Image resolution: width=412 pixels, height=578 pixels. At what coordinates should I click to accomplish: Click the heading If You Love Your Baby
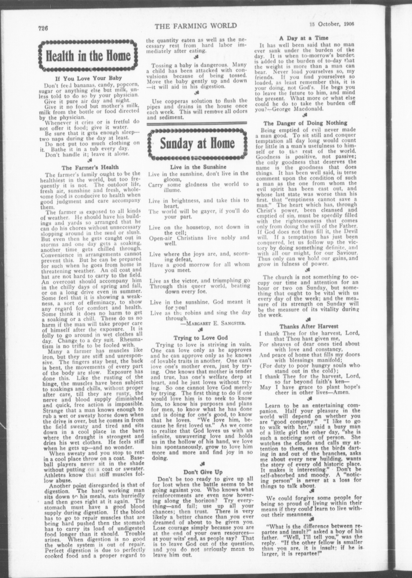pyautogui.click(x=88, y=78)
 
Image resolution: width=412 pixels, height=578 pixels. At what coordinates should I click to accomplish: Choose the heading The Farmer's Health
pyautogui.click(x=90, y=167)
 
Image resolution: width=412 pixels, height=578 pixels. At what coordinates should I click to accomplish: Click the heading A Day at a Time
pyautogui.click(x=304, y=38)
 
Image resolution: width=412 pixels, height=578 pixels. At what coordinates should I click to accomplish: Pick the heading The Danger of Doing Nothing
pyautogui.click(x=305, y=123)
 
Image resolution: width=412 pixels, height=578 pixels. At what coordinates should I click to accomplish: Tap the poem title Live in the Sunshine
pyautogui.click(x=198, y=167)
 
